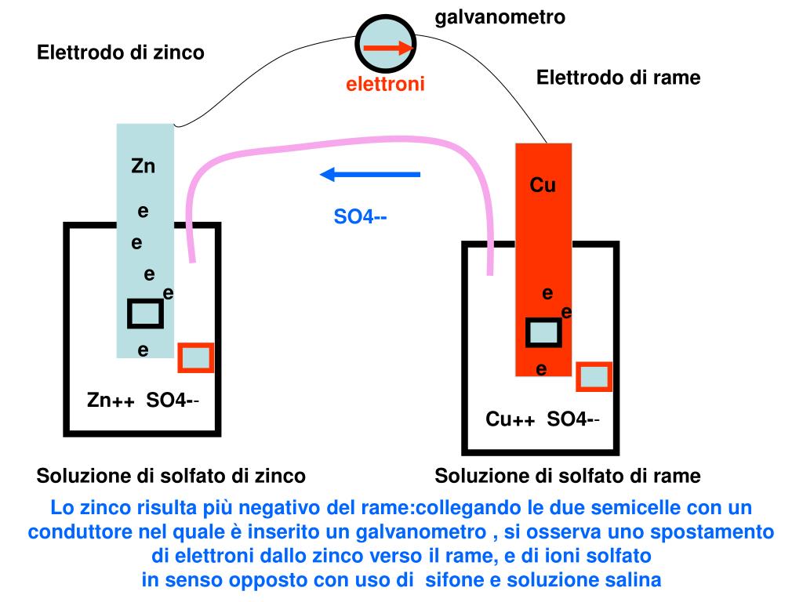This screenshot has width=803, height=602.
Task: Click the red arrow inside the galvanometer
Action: (388, 48)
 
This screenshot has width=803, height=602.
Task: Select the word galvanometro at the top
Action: (500, 16)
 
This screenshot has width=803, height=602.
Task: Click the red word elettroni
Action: (386, 84)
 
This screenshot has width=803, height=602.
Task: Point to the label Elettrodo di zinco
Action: (121, 53)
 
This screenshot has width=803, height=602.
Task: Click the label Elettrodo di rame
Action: (618, 78)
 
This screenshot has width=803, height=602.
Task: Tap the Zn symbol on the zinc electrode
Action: (143, 166)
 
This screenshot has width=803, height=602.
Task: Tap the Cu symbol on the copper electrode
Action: (543, 185)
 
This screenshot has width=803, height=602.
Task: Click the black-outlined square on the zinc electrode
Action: (145, 314)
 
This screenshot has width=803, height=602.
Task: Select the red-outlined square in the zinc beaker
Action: (195, 358)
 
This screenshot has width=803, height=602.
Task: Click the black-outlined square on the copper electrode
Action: (543, 332)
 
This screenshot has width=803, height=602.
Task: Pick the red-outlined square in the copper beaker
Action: (594, 376)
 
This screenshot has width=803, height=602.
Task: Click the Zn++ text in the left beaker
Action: (111, 401)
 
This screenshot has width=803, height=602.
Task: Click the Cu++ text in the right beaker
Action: (510, 419)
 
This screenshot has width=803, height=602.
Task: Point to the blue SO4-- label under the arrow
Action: (360, 216)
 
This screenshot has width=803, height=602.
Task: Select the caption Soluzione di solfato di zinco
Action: (171, 476)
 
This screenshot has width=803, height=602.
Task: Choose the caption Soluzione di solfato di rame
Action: (568, 476)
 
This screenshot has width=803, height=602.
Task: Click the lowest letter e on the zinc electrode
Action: (143, 350)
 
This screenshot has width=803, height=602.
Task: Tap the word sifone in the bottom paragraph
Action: (454, 581)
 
